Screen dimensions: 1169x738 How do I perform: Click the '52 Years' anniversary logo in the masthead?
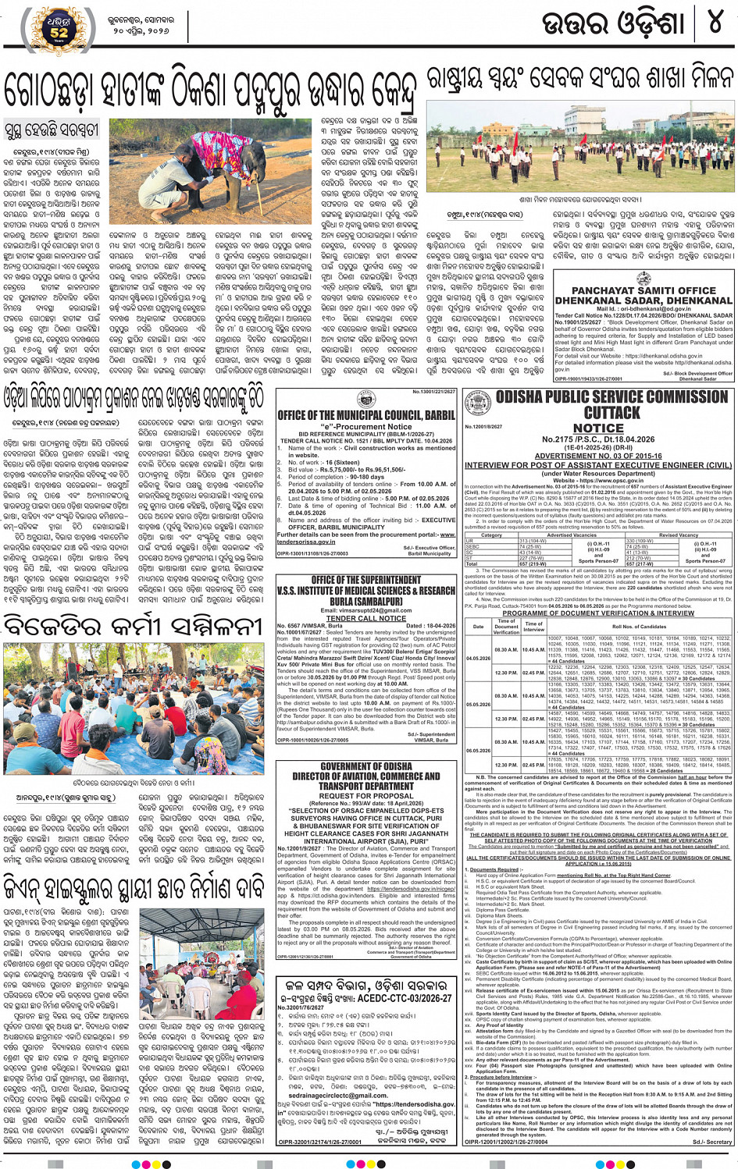(59, 30)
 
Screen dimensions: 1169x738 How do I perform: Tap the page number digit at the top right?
(714, 23)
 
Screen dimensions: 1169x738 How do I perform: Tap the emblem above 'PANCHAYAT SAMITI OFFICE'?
(644, 279)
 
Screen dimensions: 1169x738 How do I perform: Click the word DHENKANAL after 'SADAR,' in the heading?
(688, 300)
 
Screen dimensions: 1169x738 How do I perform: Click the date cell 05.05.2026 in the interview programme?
(478, 704)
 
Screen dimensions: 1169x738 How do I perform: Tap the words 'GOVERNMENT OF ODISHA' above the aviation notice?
(366, 766)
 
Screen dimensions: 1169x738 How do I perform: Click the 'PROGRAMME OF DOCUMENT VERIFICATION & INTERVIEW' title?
(598, 613)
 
